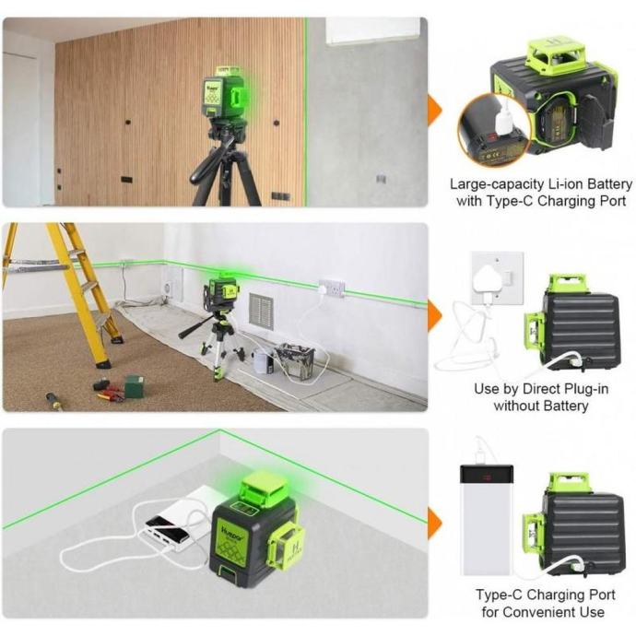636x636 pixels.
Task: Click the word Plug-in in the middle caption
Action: [x=586, y=389]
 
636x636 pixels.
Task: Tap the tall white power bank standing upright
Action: [x=487, y=519]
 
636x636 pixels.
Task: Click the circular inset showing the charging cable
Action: [x=494, y=130]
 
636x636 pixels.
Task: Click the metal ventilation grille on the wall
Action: [x=261, y=312]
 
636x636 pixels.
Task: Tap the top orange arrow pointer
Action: [x=435, y=110]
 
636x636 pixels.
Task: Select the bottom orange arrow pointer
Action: [x=435, y=524]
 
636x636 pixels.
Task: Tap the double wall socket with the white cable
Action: [x=332, y=288]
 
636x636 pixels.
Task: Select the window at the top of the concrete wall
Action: [x=373, y=29]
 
